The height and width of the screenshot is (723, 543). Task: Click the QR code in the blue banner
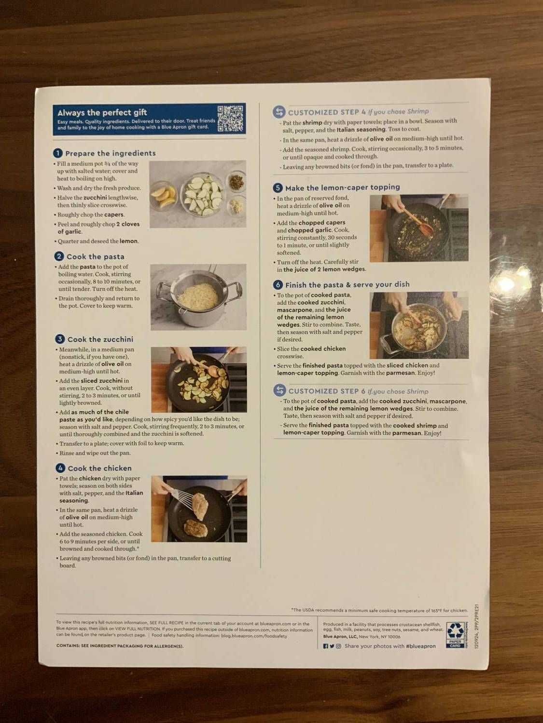(230, 119)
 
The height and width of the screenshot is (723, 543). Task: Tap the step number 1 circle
(58, 153)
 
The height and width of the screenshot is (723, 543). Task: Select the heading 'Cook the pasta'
(96, 257)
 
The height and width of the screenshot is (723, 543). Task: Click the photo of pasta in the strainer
(198, 296)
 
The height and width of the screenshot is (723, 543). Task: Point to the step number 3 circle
(60, 339)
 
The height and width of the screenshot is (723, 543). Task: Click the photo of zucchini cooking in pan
(199, 379)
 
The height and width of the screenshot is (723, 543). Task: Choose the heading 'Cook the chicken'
(99, 469)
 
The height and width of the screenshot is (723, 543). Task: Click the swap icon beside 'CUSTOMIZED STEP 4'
(279, 112)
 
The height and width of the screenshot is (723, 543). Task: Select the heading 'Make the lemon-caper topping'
(342, 187)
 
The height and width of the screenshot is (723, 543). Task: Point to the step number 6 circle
(278, 285)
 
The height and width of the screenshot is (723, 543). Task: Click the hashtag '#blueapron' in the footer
(421, 646)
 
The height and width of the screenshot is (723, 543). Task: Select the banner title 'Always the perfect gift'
(102, 113)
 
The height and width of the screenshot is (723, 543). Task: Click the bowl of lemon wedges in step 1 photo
(163, 196)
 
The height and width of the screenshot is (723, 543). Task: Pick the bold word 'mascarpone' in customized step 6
(447, 402)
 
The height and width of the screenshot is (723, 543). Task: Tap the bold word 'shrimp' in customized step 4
(312, 123)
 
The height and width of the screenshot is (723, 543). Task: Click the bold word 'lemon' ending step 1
(129, 241)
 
